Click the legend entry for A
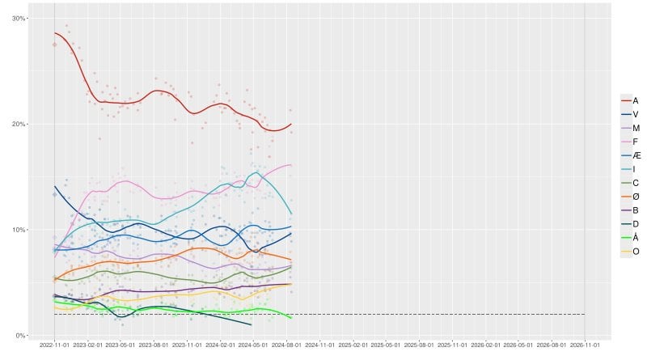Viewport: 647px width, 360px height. pyautogui.click(x=630, y=101)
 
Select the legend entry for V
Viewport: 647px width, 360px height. pyautogui.click(x=630, y=114)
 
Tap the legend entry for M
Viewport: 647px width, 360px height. pyautogui.click(x=631, y=128)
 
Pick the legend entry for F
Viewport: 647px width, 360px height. pyautogui.click(x=630, y=142)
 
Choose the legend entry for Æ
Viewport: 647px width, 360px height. pyautogui.click(x=631, y=155)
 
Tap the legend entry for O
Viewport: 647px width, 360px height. pyautogui.click(x=631, y=252)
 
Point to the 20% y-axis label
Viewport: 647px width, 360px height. pyautogui.click(x=19, y=124)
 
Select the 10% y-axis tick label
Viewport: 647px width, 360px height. pyautogui.click(x=19, y=230)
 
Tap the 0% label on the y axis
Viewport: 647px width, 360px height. pyautogui.click(x=20, y=335)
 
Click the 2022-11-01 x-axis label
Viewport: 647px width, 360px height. pyautogui.click(x=54, y=345)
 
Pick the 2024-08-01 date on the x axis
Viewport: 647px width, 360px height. pyautogui.click(x=286, y=345)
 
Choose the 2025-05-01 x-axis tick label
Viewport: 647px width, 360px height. pyautogui.click(x=386, y=345)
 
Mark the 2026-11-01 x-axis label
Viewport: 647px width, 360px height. pyautogui.click(x=585, y=345)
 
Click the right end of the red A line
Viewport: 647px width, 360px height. pyautogui.click(x=291, y=124)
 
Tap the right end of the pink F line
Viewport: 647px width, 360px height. pyautogui.click(x=291, y=165)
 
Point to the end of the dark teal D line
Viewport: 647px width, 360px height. pyautogui.click(x=252, y=325)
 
